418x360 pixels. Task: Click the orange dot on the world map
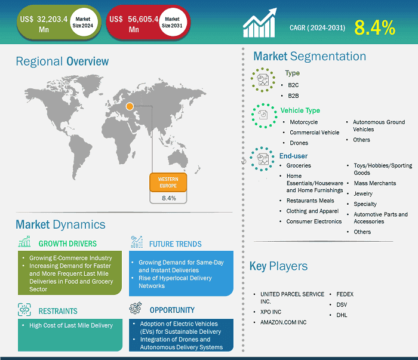pos(130,106)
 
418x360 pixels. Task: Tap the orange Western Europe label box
pos(168,183)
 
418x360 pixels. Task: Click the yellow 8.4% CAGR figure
pos(374,27)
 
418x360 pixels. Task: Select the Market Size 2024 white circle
pos(82,22)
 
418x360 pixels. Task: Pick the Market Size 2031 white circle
pos(172,22)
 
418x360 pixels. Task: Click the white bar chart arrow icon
pos(260,23)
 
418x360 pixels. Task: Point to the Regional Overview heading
pos(62,61)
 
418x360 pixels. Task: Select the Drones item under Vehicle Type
pos(299,143)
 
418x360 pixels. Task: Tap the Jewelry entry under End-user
pos(363,193)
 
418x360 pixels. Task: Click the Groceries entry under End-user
pos(299,165)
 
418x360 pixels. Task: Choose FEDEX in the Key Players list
pos(345,294)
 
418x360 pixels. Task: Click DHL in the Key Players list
pos(342,315)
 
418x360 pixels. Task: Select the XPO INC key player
pos(271,312)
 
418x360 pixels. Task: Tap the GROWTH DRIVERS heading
pos(67,244)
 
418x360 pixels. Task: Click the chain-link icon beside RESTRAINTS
pos(24,310)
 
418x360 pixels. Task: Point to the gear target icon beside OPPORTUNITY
pos(136,308)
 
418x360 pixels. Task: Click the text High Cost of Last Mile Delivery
pos(71,325)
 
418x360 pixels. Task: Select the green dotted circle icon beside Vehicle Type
pos(264,116)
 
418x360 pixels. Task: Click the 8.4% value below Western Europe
pos(169,198)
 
